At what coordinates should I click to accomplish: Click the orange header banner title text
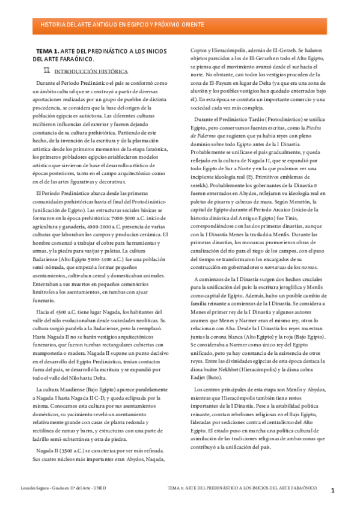point(121,25)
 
